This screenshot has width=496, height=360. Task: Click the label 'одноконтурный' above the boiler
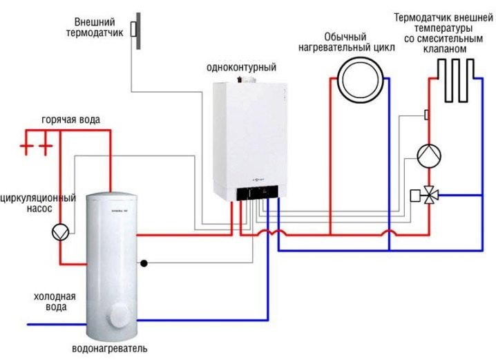(241, 68)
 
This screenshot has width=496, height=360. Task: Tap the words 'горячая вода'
(70, 120)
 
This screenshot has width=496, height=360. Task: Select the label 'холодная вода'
(50, 301)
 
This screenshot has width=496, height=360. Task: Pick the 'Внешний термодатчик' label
(97, 26)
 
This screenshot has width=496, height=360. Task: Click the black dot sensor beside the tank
(144, 263)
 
